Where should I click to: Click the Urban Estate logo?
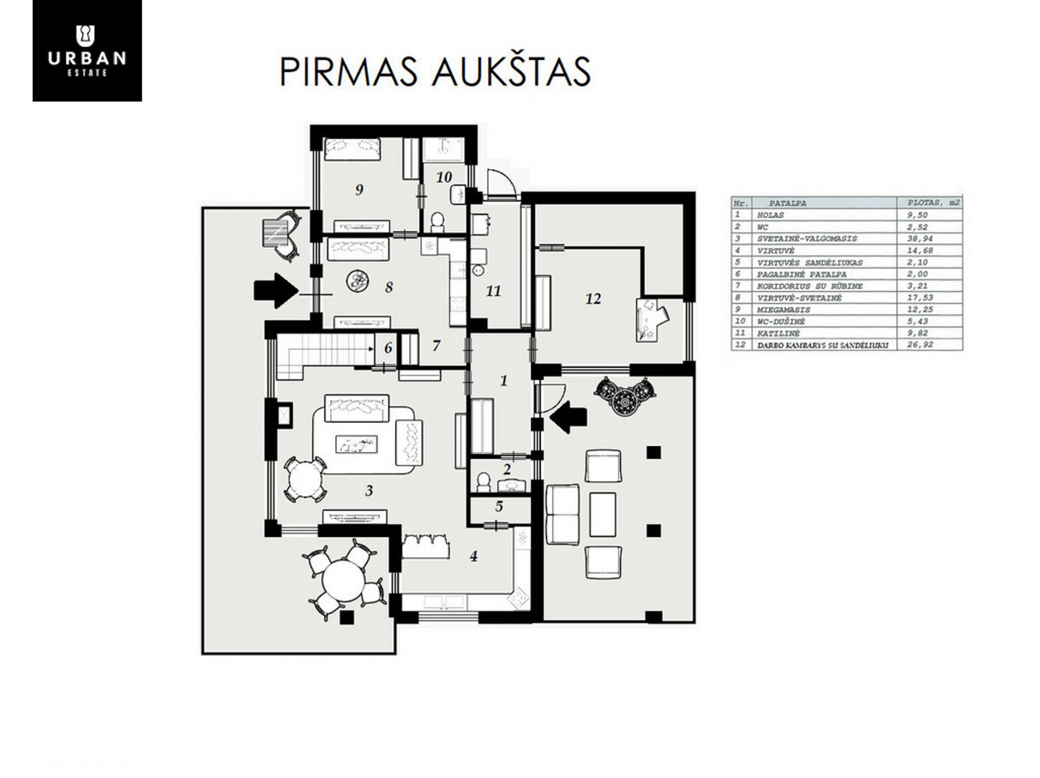(x=87, y=50)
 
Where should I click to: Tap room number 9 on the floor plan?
(x=359, y=190)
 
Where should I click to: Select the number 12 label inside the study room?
(x=593, y=298)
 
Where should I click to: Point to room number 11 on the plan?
(x=493, y=291)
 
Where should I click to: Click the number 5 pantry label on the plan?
(x=499, y=506)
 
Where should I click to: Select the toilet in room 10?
(x=437, y=222)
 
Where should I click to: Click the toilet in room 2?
(x=483, y=482)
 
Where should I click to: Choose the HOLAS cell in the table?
(x=770, y=215)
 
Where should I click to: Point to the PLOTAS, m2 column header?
(x=930, y=203)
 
